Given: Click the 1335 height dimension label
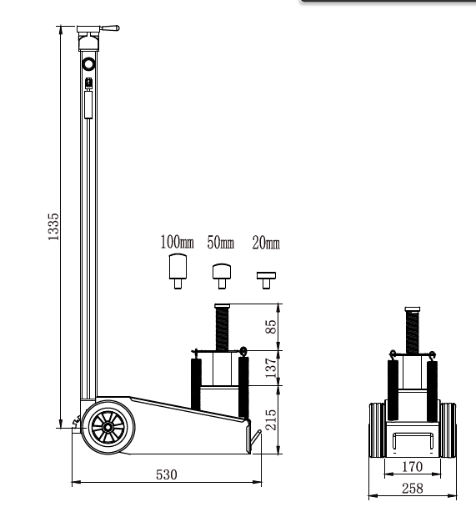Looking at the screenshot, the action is [53, 227].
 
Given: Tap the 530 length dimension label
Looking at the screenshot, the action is [166, 474].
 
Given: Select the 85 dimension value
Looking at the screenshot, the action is [271, 327].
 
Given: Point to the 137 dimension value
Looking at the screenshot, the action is [271, 368].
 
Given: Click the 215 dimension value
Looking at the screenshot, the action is [271, 419].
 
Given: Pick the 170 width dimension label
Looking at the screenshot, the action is [412, 466].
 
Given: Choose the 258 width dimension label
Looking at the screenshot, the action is [413, 489].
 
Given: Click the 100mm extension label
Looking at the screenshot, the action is [177, 242].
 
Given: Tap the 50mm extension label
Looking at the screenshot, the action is [221, 243].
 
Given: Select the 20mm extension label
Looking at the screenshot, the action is [266, 243].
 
